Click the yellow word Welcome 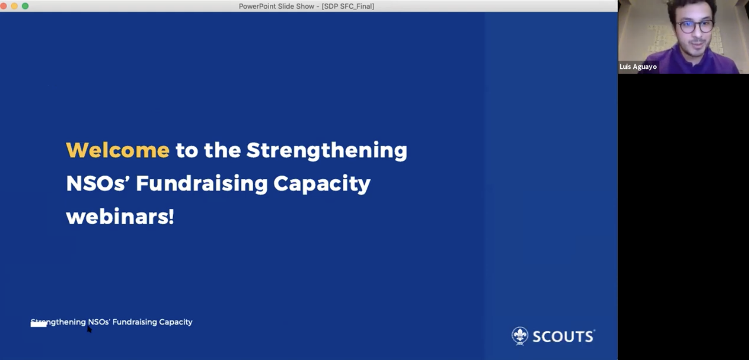click(118, 150)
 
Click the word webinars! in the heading click(120, 217)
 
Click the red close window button click(3, 6)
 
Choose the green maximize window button click(25, 6)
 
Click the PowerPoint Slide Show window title click(307, 6)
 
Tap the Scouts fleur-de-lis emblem click(520, 336)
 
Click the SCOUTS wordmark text click(563, 337)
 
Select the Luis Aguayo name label click(638, 67)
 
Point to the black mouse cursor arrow click(89, 329)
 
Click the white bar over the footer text click(39, 324)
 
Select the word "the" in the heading click(223, 150)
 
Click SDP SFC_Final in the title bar click(348, 6)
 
